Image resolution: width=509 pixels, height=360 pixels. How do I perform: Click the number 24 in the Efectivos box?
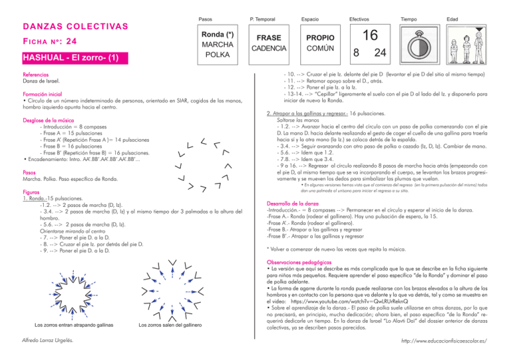(380, 53)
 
